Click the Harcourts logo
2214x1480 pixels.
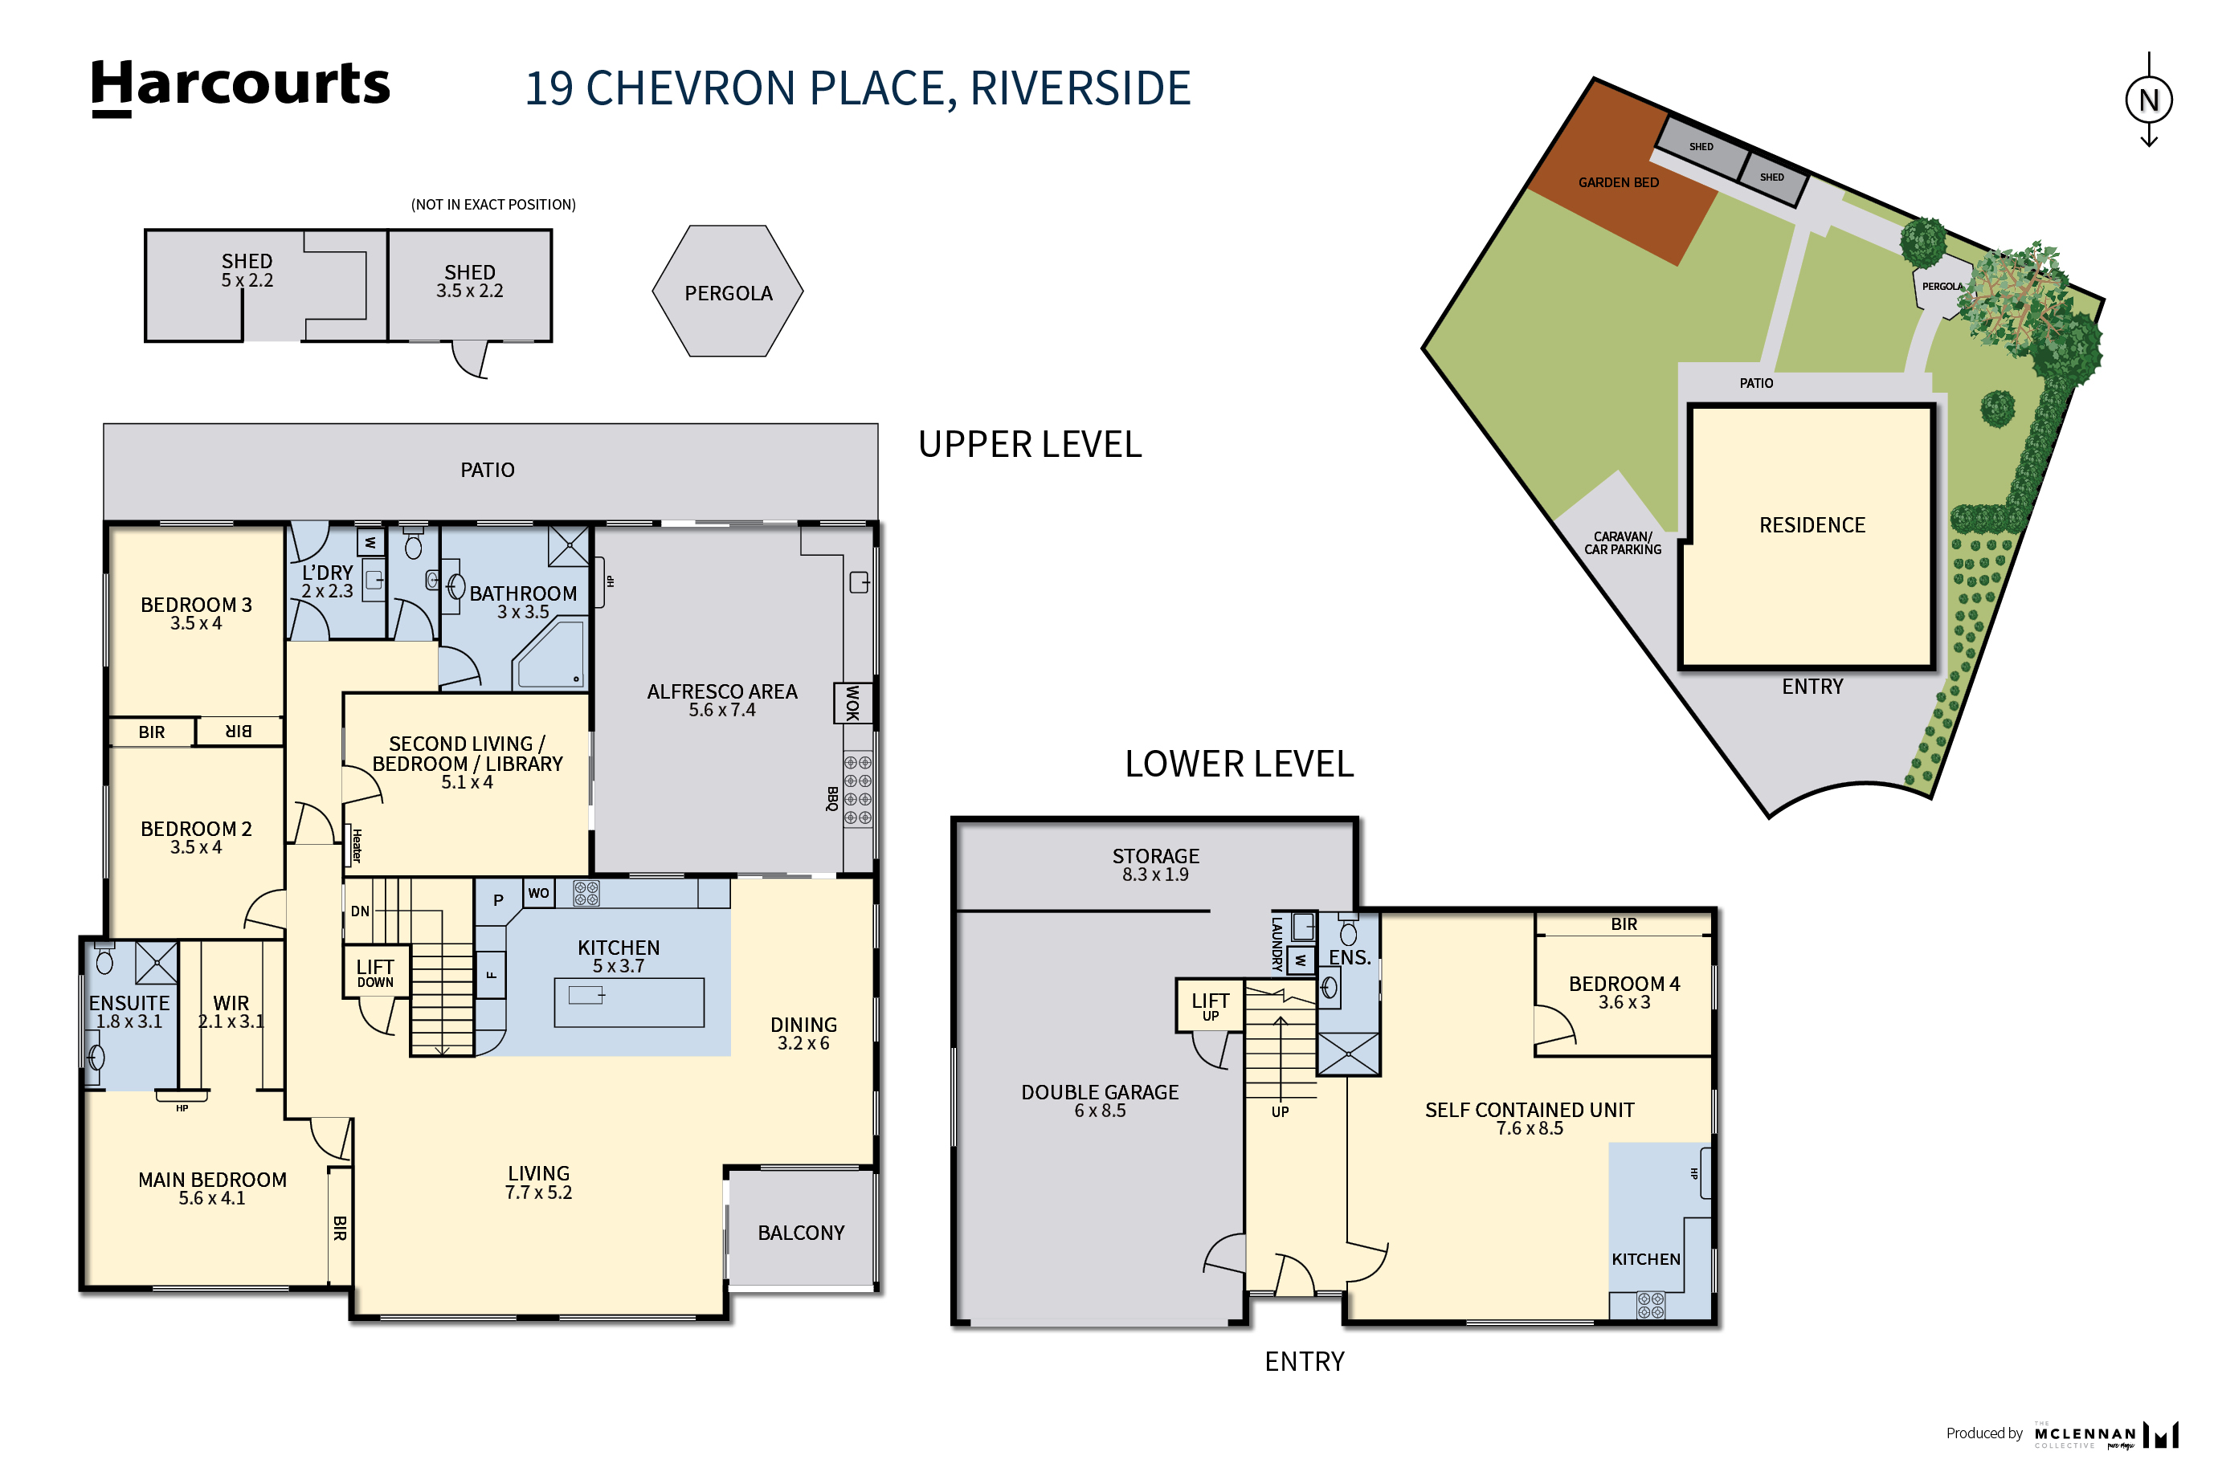[240, 87]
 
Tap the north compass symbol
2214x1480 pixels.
[2148, 99]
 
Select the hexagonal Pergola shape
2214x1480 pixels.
[727, 291]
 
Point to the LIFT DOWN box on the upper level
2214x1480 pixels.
[376, 971]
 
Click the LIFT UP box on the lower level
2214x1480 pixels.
[1210, 1005]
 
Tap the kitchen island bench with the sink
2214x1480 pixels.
[629, 1001]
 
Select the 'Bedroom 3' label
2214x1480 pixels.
[196, 613]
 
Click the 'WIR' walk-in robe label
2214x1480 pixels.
[231, 1011]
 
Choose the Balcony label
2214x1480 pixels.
[801, 1233]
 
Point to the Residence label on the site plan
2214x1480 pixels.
[1811, 525]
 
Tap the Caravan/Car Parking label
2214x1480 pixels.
[1622, 543]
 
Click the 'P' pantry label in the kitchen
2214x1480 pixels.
[499, 900]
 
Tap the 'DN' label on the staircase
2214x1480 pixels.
[360, 911]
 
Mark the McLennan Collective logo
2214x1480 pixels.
[2106, 1435]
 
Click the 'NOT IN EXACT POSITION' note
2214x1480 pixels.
[492, 204]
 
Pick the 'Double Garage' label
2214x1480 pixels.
[1099, 1100]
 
